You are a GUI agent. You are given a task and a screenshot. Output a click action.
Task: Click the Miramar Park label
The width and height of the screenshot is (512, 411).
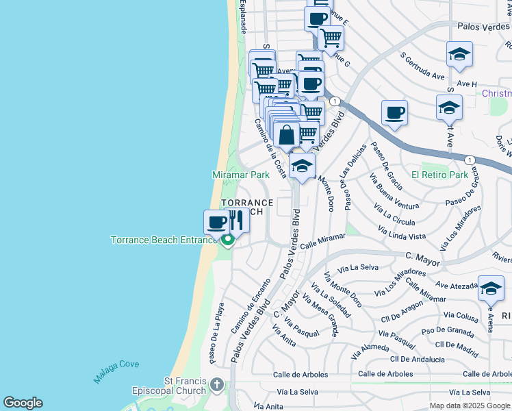[x=241, y=175]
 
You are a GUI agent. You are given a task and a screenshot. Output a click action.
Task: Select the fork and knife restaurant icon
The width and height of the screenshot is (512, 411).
[x=236, y=221]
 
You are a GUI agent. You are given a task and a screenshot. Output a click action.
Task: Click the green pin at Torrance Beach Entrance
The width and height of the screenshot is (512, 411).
[x=228, y=240]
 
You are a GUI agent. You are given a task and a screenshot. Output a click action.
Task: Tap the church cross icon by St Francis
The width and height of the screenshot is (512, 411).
[x=216, y=384]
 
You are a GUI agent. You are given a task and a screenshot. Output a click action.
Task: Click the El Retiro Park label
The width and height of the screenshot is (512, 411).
[x=439, y=175]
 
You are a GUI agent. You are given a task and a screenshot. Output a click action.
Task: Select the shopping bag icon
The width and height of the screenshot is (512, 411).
[x=287, y=135]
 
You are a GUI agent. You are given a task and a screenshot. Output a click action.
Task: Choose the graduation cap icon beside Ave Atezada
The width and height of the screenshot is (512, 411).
[x=491, y=289]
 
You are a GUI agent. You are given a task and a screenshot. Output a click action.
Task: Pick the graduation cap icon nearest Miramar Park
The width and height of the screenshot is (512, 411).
[x=302, y=166]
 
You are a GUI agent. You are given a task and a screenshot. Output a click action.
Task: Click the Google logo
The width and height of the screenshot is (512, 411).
[x=23, y=403]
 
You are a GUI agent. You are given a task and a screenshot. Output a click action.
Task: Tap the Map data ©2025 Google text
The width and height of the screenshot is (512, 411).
[x=469, y=406]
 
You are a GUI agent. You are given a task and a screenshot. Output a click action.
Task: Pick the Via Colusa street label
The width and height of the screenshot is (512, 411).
[x=461, y=317]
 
